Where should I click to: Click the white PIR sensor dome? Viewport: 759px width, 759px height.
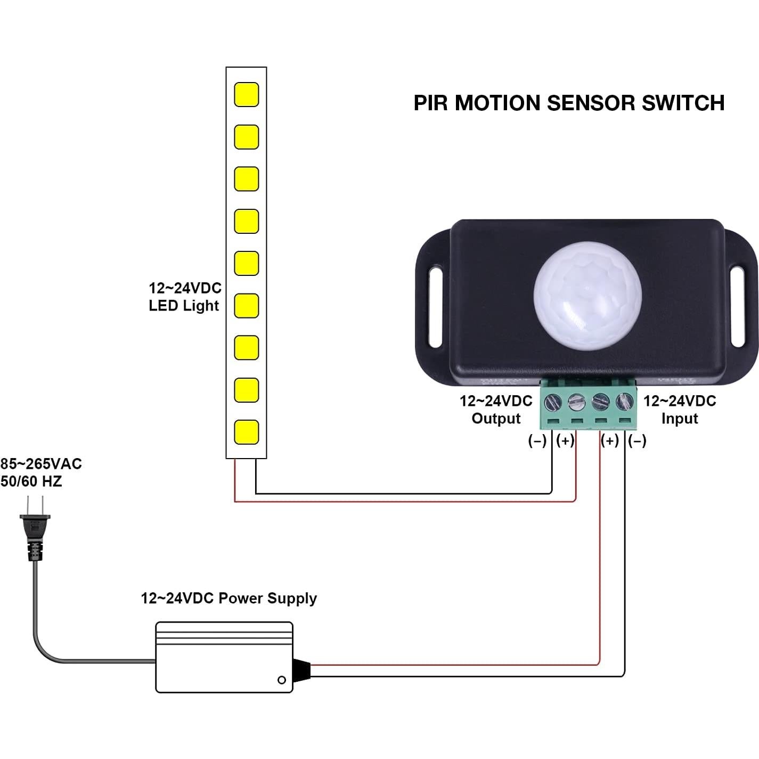[x=587, y=296]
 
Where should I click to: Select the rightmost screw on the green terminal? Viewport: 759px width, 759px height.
[x=624, y=401]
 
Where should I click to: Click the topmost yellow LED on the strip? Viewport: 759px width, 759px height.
[x=247, y=94]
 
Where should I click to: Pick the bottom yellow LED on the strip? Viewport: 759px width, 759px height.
[x=247, y=432]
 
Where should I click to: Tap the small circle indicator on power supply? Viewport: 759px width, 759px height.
[x=282, y=680]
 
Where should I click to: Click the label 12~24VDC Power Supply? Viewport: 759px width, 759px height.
[x=228, y=598]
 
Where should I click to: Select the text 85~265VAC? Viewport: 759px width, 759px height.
[x=41, y=464]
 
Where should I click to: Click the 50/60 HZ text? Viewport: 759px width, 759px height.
[x=31, y=481]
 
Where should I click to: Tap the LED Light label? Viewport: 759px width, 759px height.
[x=184, y=306]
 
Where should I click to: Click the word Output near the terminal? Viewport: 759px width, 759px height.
[x=496, y=419]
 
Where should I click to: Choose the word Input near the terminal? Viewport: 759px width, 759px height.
[x=679, y=419]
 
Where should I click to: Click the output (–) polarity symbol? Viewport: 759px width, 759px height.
[x=537, y=441]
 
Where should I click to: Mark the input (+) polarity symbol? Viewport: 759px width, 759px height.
[x=610, y=441]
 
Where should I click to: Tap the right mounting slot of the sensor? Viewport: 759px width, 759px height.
[x=738, y=308]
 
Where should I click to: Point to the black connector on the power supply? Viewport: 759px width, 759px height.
[x=301, y=670]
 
